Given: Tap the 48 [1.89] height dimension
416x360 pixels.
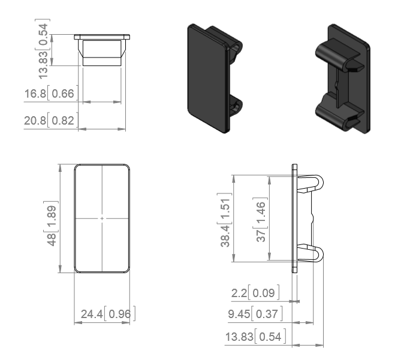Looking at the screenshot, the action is tap(51, 224).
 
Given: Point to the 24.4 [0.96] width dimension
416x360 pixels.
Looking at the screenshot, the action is tap(108, 314).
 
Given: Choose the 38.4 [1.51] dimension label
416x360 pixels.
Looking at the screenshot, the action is tap(224, 220).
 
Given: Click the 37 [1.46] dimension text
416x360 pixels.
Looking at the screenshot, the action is tap(260, 220).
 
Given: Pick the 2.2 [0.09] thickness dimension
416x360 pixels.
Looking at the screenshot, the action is tap(255, 293).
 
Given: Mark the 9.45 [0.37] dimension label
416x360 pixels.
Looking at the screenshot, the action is tap(255, 314).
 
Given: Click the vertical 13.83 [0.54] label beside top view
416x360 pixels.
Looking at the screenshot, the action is tap(43, 49).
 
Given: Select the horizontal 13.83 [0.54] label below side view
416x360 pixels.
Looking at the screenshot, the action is tap(255, 337).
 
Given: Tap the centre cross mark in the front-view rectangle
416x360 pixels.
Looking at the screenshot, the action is tap(102, 219).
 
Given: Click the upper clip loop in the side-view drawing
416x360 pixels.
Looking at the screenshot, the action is tap(311, 183).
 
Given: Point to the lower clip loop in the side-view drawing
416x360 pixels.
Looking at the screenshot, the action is tap(311, 254).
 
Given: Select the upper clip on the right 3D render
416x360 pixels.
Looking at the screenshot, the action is tap(338, 55).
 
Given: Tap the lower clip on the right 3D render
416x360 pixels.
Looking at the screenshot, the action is tap(338, 113).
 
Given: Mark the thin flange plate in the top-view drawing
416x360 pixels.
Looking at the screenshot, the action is tap(102, 37).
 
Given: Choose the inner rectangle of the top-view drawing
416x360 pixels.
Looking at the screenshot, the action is tap(102, 53).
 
